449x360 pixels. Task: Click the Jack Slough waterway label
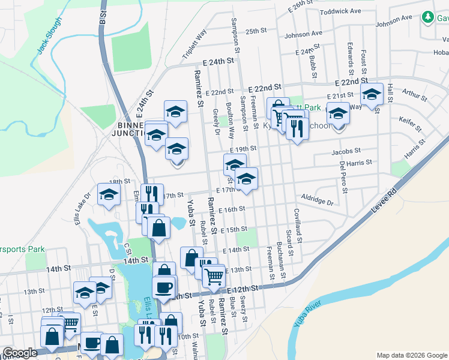[x=49, y=35]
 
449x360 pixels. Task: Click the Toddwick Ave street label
[x=340, y=11]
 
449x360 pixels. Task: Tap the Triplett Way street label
[x=194, y=44]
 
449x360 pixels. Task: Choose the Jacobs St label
[x=346, y=152]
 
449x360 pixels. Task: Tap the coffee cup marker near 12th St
[x=164, y=287]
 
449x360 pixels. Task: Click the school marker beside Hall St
[x=372, y=94]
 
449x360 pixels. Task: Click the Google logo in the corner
[x=20, y=353]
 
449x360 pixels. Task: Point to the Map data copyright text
[x=412, y=355]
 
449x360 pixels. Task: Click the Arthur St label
[x=414, y=93]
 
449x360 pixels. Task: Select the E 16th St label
[x=232, y=209]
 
